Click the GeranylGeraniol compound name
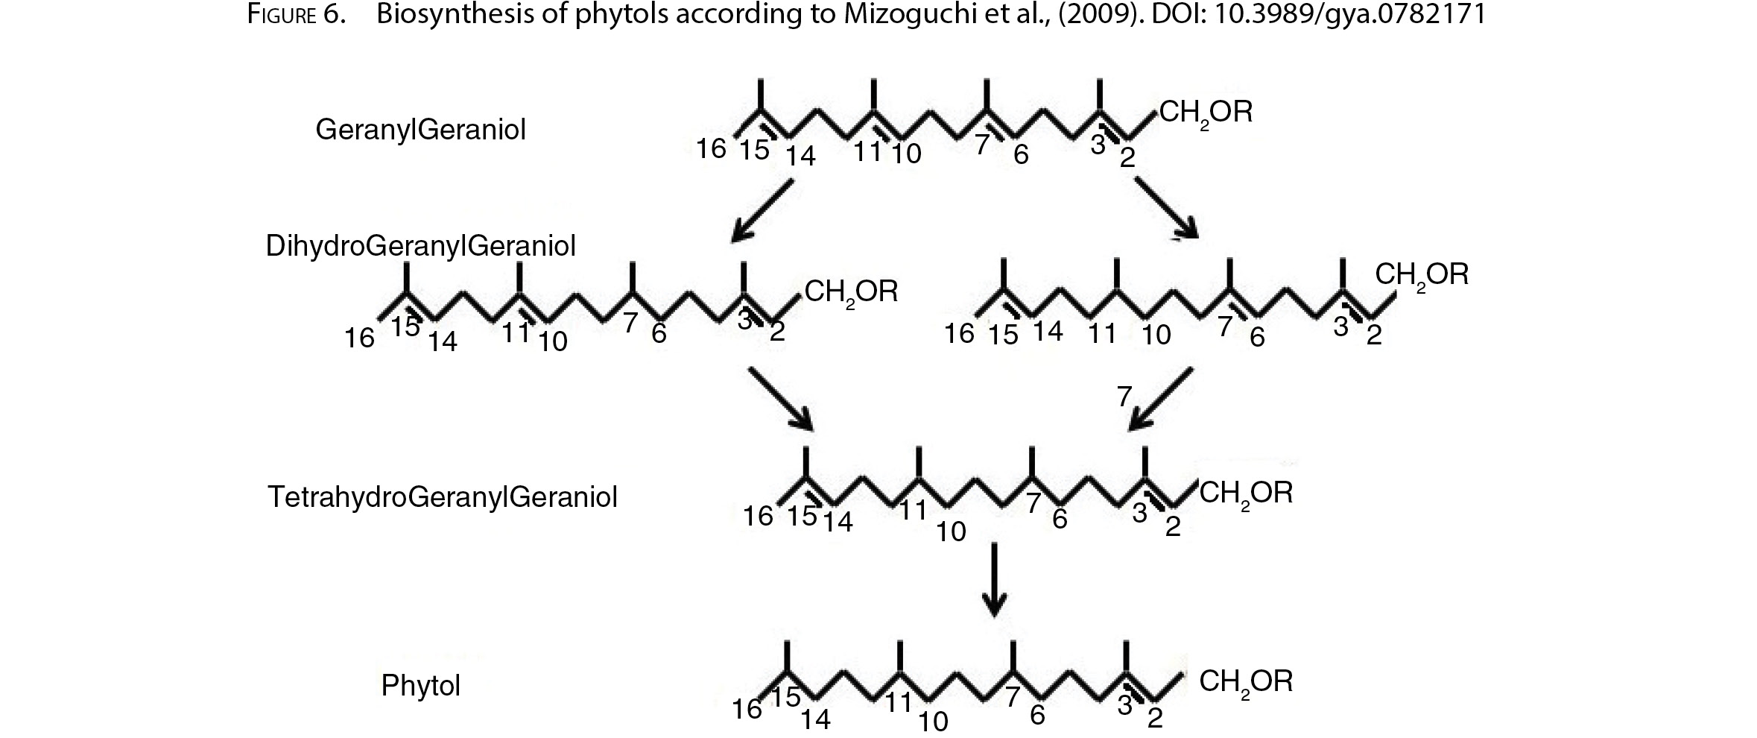pos(421,130)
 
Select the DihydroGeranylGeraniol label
pos(421,246)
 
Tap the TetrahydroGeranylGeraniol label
pos(443,496)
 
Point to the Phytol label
pos(421,685)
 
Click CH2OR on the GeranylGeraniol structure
pos(1206,113)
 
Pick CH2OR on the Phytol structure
pos(1246,683)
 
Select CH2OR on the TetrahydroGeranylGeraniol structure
pos(1246,494)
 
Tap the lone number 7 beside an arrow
pos(1125,396)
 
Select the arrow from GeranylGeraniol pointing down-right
pos(1167,209)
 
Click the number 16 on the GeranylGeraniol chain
pos(712,149)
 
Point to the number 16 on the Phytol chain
pos(747,710)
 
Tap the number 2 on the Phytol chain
pos(1154,719)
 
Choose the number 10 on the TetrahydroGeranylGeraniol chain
pos(951,532)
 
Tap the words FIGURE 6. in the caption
pos(296,16)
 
